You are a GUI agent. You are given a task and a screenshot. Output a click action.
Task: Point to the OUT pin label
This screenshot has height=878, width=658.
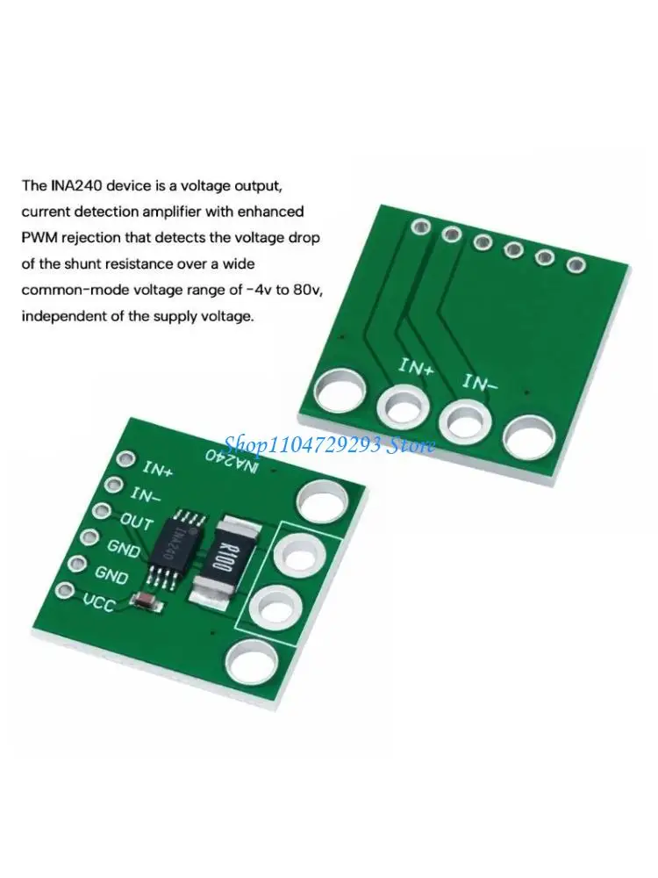[136, 522]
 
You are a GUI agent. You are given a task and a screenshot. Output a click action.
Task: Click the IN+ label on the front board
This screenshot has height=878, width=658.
[158, 469]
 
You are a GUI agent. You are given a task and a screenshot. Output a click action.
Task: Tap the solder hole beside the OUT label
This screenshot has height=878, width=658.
[103, 510]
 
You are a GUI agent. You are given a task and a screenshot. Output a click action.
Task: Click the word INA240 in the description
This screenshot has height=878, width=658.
[74, 185]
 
